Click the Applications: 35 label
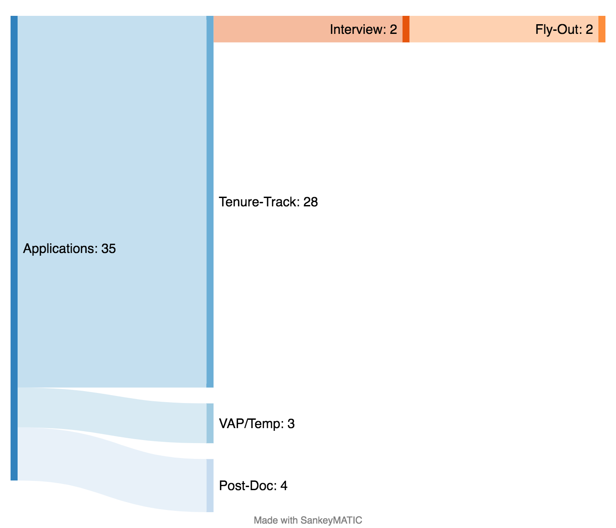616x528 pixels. pos(70,249)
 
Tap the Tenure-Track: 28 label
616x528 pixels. pos(268,202)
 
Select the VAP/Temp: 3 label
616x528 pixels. pos(257,424)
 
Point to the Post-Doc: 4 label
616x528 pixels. pos(253,486)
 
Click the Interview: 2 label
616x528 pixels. pos(363,29)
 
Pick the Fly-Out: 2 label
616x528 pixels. pos(564,29)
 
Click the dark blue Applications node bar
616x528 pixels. pos(14,248)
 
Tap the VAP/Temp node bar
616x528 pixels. pos(210,423)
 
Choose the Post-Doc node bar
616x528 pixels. pos(210,485)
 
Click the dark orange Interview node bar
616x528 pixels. pos(406,29)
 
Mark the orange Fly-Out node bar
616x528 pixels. pos(602,29)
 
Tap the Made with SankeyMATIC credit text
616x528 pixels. pos(308,521)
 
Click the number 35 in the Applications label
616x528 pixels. pos(109,249)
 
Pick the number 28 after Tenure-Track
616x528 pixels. pos(311,202)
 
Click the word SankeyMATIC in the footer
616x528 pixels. pos(331,521)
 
